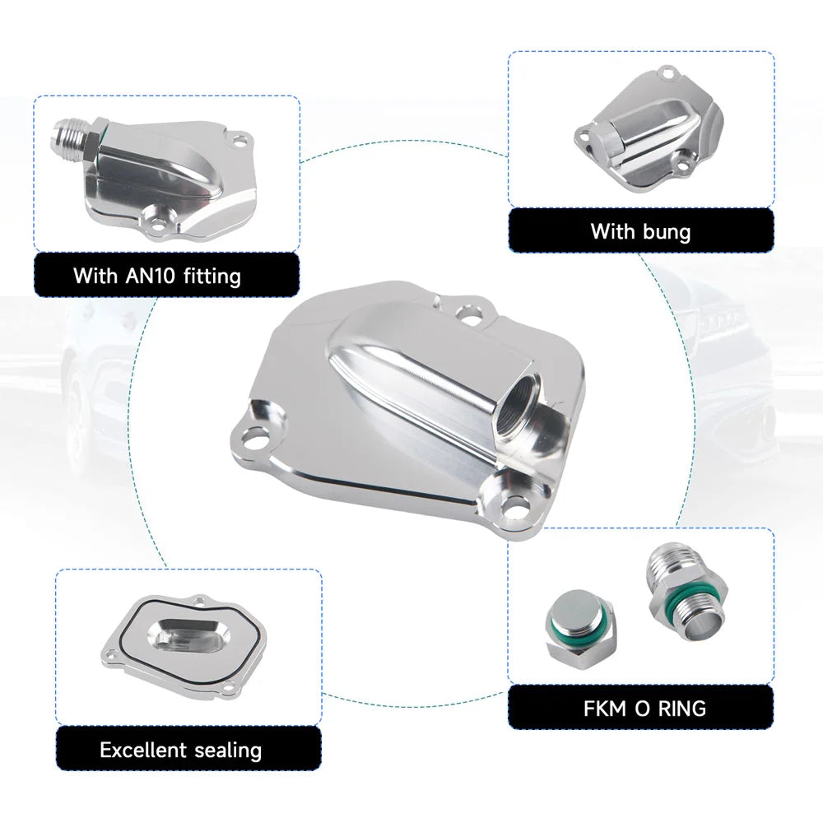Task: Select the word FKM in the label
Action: pyautogui.click(x=605, y=709)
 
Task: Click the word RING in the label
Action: pyautogui.click(x=681, y=709)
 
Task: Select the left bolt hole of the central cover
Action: pyautogui.click(x=254, y=435)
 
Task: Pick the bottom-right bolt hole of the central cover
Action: pyautogui.click(x=510, y=507)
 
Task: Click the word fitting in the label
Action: pyautogui.click(x=212, y=277)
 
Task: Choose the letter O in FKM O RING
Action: pyautogui.click(x=641, y=709)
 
